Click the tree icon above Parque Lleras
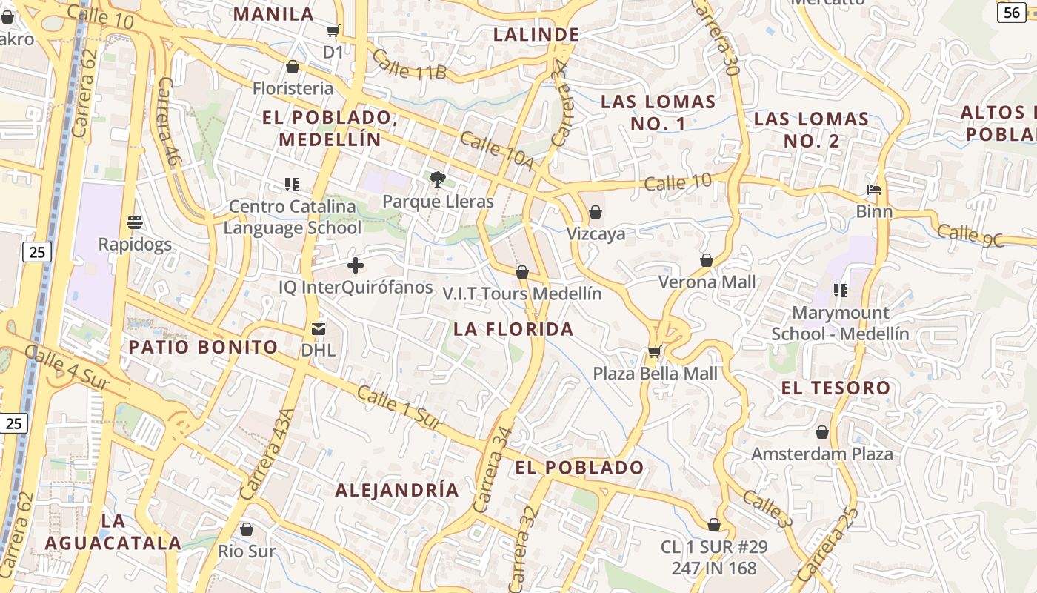coord(437,179)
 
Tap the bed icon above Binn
coord(874,190)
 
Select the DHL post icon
coord(319,328)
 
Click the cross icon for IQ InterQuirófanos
coord(356,265)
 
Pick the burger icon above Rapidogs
coord(135,222)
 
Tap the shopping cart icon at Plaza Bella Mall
coord(654,351)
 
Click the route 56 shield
coord(1011,12)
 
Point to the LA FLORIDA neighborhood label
coord(513,329)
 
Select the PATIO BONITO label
coord(203,347)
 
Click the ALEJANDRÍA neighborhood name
coord(397,490)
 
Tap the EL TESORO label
coord(836,388)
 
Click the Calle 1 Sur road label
coord(399,406)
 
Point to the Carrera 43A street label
coord(267,454)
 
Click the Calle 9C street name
coord(970,234)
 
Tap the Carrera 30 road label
coord(718,39)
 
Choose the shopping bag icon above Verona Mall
coord(707,260)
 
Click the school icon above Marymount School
coord(840,290)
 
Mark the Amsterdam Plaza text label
coord(822,454)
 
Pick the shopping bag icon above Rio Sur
coord(247,529)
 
